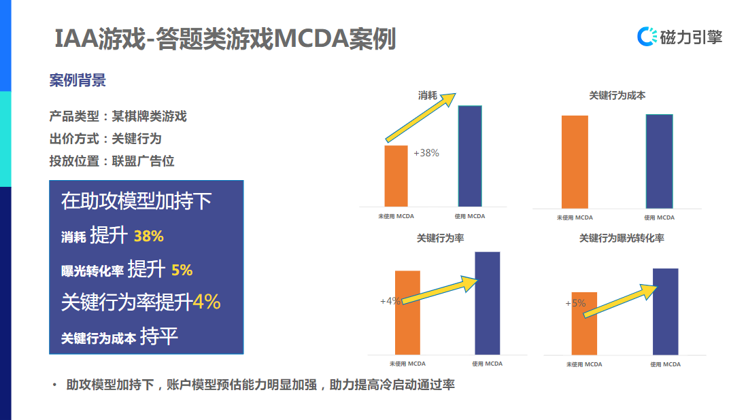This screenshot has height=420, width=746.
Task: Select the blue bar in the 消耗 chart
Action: click(470, 156)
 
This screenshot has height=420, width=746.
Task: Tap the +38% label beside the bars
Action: click(426, 153)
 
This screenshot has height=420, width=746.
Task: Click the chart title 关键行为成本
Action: click(617, 96)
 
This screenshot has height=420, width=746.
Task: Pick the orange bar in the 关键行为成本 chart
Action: click(575, 162)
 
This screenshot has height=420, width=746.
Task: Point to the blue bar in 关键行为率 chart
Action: click(487, 302)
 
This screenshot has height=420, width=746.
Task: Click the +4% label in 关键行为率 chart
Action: click(390, 301)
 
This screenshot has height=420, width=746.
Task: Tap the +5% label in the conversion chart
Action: click(575, 303)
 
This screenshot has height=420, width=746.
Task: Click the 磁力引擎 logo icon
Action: click(647, 36)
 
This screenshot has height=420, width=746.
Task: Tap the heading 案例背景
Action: click(78, 81)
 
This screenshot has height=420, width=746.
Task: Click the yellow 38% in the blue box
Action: click(149, 237)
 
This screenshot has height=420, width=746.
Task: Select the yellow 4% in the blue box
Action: click(207, 301)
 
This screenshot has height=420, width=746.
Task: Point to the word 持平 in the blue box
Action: click(159, 336)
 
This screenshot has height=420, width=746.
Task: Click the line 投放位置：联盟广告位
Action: click(112, 161)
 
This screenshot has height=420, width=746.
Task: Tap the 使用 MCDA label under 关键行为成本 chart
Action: click(659, 217)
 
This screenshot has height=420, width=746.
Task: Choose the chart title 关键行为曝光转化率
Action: click(622, 239)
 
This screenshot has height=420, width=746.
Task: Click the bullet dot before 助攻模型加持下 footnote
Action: click(54, 385)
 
